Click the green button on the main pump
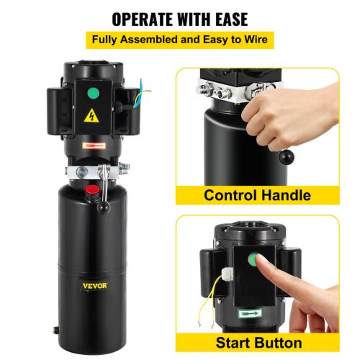[x=93, y=94]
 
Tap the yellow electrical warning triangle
[x=91, y=116]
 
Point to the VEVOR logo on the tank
[x=94, y=286]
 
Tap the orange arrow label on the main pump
[x=93, y=146]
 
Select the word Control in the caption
[x=230, y=195]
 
